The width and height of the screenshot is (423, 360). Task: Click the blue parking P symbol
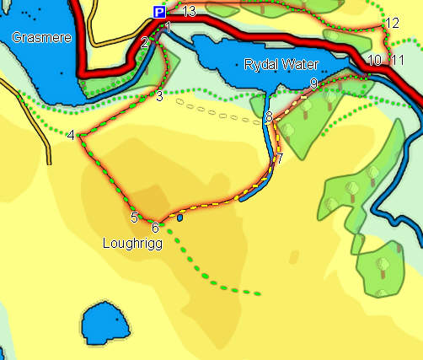[x=158, y=12]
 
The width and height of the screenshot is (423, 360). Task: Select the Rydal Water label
[x=277, y=64]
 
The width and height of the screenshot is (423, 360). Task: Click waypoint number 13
[x=189, y=11]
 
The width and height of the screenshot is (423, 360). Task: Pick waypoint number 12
[x=391, y=23]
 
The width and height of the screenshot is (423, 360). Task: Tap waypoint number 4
[x=71, y=135]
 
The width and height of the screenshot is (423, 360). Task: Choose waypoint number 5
[x=134, y=218]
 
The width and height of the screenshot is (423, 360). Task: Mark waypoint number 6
[x=155, y=227]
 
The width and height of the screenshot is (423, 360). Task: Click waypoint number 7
[x=279, y=158]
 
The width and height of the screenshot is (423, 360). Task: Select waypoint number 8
[x=269, y=116]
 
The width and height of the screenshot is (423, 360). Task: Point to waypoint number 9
[x=313, y=83]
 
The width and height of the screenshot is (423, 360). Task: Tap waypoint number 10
[x=375, y=60]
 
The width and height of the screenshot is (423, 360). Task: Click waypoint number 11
[x=398, y=60]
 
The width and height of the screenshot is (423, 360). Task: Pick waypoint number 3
[x=159, y=96]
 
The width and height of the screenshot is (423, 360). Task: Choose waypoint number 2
[x=145, y=42]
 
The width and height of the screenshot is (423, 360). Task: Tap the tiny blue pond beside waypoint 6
[x=180, y=218]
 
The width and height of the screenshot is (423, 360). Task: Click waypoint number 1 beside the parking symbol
[x=168, y=28]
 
